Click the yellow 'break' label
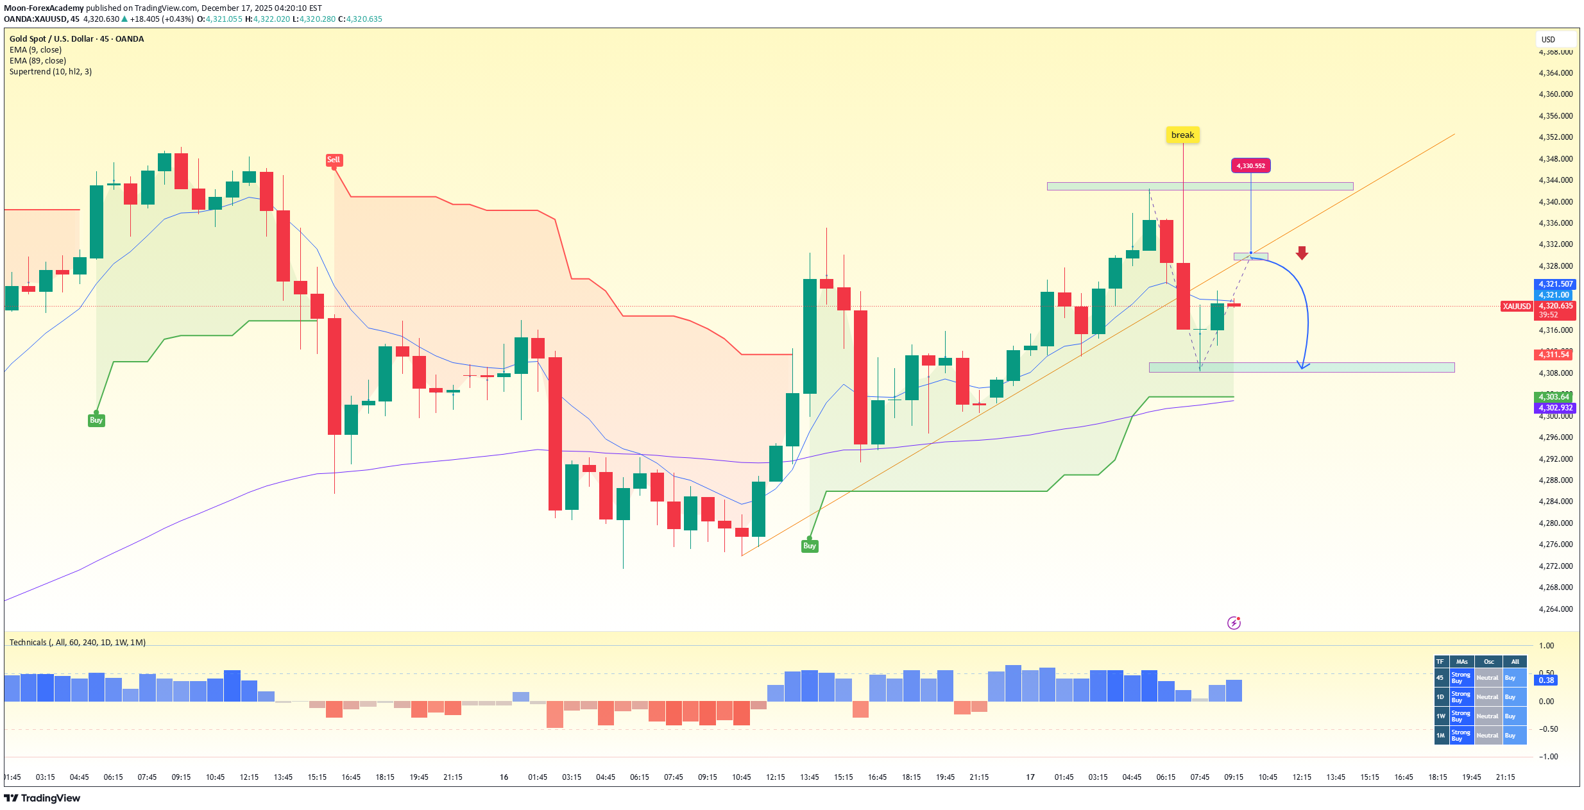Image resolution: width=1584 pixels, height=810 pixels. pos(1182,135)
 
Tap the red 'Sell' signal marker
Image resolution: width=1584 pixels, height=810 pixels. pos(334,160)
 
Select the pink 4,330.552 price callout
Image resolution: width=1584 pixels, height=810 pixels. pos(1250,166)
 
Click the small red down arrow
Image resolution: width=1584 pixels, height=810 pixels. pos(1302,253)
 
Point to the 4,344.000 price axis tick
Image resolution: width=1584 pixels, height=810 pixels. pos(1555,180)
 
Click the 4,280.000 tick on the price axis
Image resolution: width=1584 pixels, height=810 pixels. pos(1555,523)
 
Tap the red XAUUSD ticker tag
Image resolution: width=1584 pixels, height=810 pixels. pos(1517,307)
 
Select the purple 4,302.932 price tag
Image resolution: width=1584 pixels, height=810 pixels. pos(1555,408)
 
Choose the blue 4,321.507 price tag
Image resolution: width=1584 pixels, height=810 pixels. pos(1555,284)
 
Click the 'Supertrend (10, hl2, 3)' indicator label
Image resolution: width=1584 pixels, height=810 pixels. pos(51,72)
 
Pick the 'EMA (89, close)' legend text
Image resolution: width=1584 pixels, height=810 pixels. pos(38,61)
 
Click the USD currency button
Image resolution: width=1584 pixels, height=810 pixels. pos(1548,40)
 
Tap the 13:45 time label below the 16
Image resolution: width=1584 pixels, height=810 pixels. pos(809,777)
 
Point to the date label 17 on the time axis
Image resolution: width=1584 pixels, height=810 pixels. pos(1030,777)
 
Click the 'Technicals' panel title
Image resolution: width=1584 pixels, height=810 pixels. pos(28,643)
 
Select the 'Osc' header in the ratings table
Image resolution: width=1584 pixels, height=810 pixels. pos(1488,662)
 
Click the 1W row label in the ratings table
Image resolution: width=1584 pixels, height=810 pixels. pos(1441,716)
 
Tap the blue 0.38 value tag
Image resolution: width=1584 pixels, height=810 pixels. pos(1546,680)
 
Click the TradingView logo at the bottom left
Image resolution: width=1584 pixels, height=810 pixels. pos(42,798)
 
